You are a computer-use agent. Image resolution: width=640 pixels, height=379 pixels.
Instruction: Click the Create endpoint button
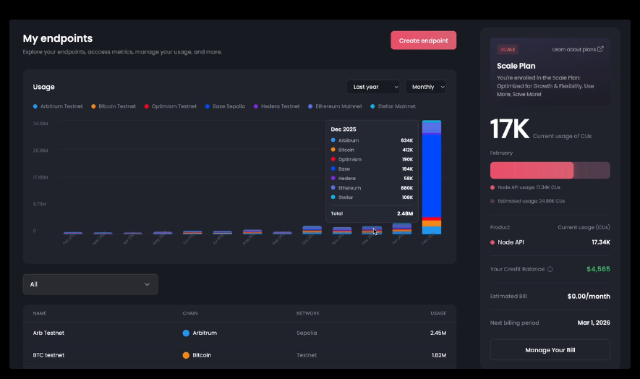423,41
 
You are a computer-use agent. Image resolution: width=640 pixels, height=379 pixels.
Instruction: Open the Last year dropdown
372,87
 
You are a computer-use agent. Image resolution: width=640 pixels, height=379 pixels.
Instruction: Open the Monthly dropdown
425,87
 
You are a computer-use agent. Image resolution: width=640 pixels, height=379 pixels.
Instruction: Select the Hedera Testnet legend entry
279,106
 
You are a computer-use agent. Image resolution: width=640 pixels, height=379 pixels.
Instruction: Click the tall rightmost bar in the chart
432,177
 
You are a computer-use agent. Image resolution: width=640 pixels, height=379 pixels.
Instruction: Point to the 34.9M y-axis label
40,124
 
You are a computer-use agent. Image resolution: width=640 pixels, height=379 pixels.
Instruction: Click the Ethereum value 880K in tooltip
406,187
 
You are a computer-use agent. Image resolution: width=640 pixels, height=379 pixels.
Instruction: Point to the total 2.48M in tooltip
404,213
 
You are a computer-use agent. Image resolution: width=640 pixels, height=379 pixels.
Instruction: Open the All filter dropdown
90,284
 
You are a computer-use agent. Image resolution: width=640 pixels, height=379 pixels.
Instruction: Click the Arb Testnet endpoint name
48,333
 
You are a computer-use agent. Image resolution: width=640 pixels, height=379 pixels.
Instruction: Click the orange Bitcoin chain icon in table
186,355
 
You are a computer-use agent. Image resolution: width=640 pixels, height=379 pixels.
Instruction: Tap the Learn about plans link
577,49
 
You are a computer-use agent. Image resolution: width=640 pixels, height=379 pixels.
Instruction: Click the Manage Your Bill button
550,350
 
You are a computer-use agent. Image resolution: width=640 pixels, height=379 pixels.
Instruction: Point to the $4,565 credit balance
597,269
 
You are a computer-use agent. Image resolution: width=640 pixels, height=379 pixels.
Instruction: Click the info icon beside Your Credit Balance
550,269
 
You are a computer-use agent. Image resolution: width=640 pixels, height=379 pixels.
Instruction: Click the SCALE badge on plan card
507,49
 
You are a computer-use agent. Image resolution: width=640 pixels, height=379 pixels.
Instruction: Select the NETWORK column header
307,313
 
